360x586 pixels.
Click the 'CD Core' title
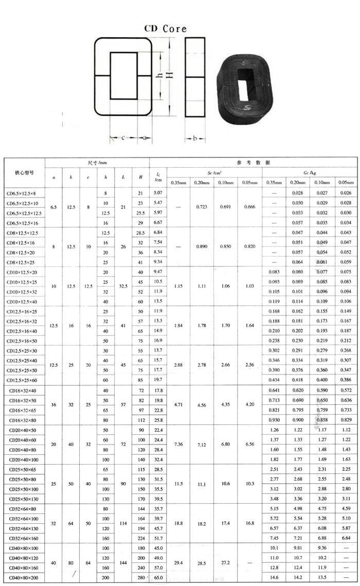(x=165, y=29)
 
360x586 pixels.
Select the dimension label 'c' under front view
(x=123, y=138)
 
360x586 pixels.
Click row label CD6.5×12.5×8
(x=23, y=193)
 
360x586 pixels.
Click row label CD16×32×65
(x=24, y=410)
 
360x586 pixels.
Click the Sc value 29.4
(x=178, y=563)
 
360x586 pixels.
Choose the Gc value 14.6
(x=274, y=578)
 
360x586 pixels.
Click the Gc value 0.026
(x=346, y=193)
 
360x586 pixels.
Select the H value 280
(x=140, y=578)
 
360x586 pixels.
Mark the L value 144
(x=123, y=563)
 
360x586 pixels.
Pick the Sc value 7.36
(x=178, y=444)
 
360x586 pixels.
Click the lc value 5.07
(x=158, y=192)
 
